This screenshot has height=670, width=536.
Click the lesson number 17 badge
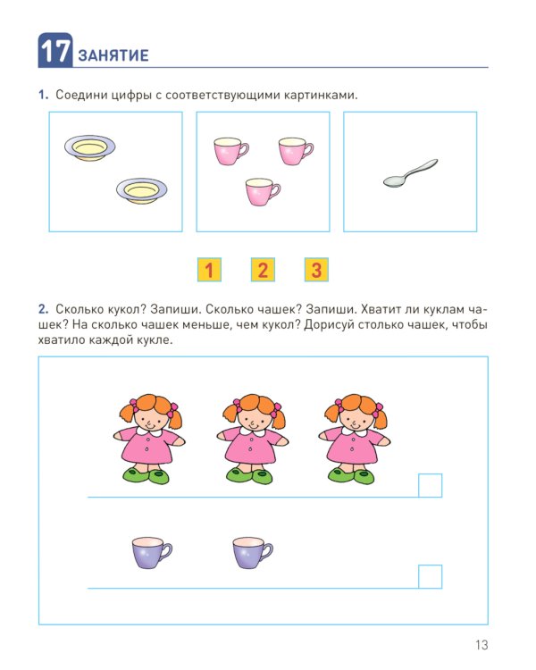(55, 50)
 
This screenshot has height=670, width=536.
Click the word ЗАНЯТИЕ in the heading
(113, 55)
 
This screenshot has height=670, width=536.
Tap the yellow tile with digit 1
(209, 270)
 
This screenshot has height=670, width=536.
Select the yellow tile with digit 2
(263, 270)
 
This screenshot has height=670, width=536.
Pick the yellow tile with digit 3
(316, 270)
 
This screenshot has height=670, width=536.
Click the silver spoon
(410, 173)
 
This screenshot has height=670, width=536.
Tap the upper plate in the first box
(89, 147)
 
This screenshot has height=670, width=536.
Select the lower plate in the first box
(141, 191)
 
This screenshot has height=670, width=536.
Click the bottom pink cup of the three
(263, 191)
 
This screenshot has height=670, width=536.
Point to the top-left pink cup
(230, 151)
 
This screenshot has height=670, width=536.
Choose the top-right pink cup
(296, 151)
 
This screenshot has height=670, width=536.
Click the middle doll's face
(252, 418)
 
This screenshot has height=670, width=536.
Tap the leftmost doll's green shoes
(147, 475)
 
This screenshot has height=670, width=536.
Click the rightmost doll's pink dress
(355, 446)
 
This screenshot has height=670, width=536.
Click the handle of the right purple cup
(266, 551)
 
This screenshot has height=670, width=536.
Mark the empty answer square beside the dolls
(430, 485)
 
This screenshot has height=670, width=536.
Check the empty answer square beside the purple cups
(430, 576)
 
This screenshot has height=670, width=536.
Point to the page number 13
(482, 645)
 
